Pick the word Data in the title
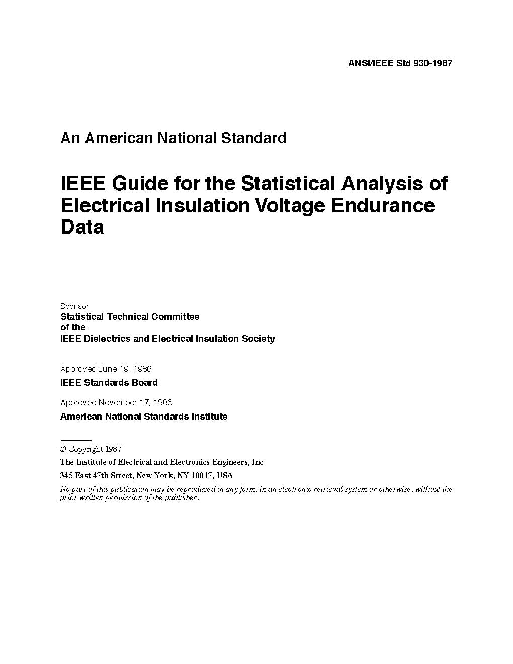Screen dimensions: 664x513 (x=82, y=227)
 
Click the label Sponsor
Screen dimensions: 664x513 (x=74, y=306)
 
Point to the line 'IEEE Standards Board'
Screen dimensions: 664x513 (x=109, y=383)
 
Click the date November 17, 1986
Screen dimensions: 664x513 (x=135, y=402)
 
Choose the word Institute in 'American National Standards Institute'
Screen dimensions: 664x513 (x=209, y=417)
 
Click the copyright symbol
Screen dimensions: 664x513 (x=63, y=449)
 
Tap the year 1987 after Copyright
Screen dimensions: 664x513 (x=114, y=449)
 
